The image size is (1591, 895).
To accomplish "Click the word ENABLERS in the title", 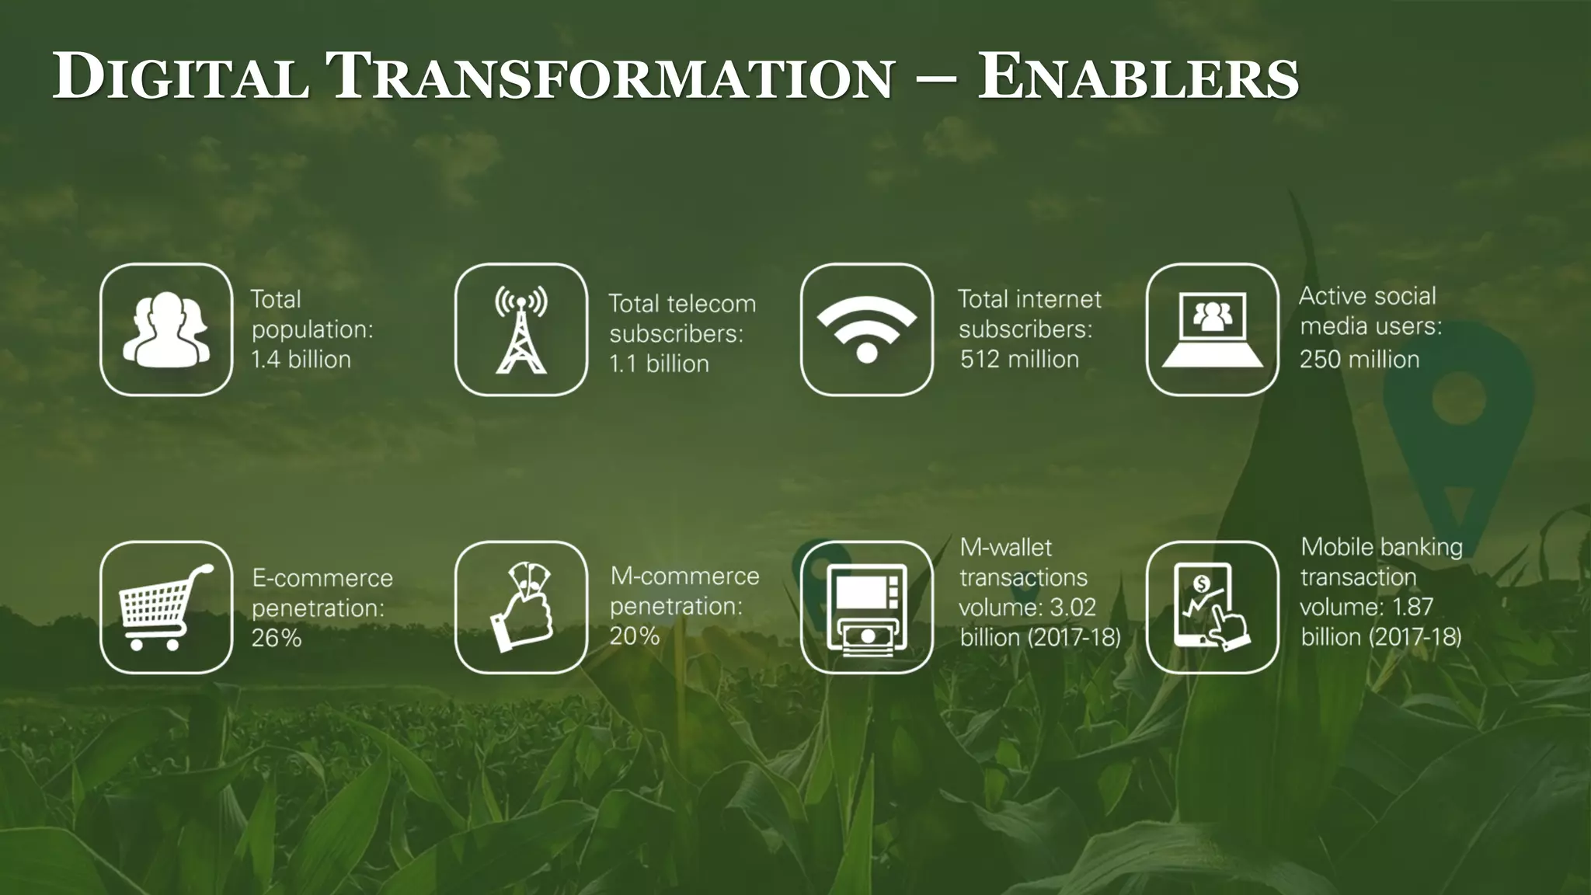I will (1137, 78).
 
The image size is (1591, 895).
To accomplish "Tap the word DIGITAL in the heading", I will (181, 78).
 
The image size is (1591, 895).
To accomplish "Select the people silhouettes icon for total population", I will (166, 329).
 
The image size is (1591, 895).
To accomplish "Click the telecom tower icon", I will (521, 329).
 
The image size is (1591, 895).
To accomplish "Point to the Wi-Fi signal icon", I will (867, 329).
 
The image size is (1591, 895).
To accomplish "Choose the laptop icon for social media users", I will (1213, 329).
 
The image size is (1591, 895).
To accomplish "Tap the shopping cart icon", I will (166, 608).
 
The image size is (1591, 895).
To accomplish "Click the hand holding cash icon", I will (521, 608).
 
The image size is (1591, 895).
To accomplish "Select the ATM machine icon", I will (867, 608).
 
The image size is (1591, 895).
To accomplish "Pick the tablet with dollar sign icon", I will (1213, 608).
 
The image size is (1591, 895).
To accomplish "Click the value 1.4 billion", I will (301, 360).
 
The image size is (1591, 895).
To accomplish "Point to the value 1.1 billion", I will (659, 364).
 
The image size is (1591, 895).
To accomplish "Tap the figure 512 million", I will (1019, 360).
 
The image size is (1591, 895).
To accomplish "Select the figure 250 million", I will (1359, 360).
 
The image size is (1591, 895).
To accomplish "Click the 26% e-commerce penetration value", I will (277, 638).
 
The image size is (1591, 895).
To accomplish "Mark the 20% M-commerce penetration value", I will (635, 636).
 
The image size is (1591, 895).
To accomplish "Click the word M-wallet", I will (1006, 548).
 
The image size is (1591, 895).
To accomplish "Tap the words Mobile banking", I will (1381, 547).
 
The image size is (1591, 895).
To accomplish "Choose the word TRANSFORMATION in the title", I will (614, 78).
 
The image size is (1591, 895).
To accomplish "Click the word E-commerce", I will (322, 578).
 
